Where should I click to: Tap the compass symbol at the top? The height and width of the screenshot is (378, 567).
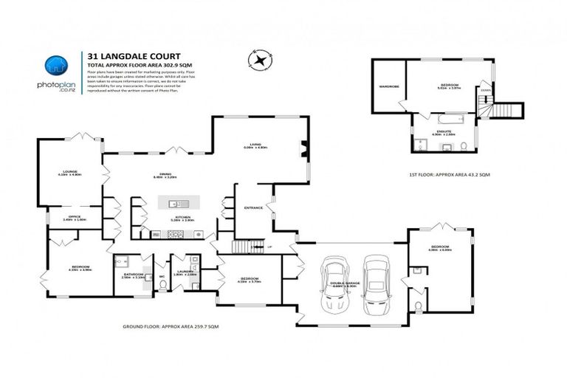click(261, 59)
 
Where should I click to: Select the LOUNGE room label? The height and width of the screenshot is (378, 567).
click(68, 171)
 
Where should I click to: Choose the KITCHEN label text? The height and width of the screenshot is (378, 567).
click(182, 218)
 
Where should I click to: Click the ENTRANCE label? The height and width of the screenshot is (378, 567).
click(253, 208)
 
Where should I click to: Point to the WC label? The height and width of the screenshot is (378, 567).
click(161, 277)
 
